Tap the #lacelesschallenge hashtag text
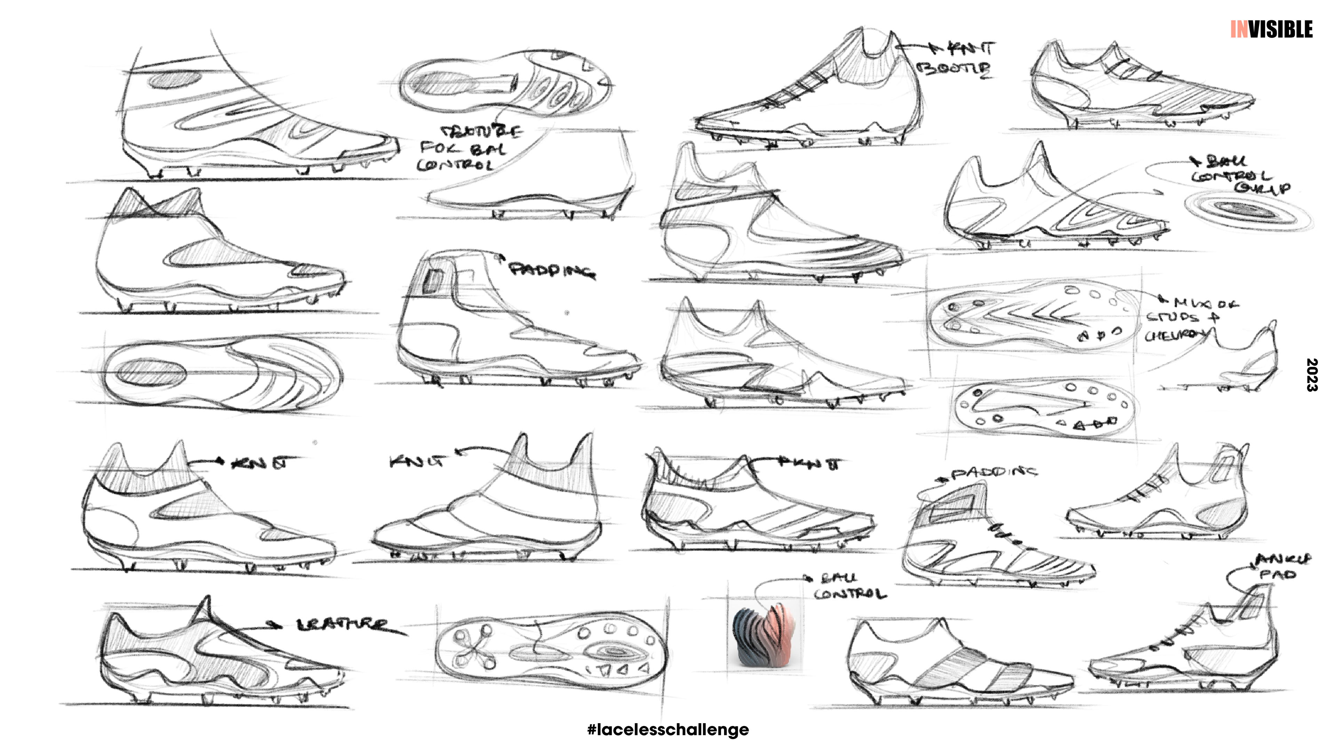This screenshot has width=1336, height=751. (x=668, y=730)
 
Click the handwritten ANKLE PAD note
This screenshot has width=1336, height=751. (x=1281, y=566)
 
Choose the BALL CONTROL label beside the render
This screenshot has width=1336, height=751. (x=849, y=587)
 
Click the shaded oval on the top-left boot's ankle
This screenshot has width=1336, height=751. (x=174, y=80)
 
